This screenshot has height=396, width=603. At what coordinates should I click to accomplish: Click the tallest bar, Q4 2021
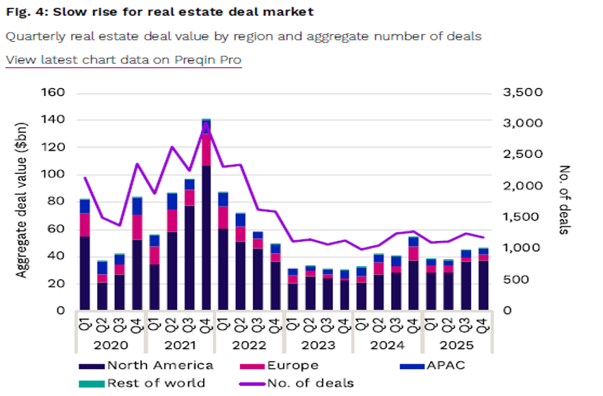206,216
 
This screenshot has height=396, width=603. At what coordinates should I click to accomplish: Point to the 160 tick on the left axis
55,93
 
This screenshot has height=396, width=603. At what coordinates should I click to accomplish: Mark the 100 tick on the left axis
55,175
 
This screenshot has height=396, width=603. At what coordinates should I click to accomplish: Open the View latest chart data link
123,60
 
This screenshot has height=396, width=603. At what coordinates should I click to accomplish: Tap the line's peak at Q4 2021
206,123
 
